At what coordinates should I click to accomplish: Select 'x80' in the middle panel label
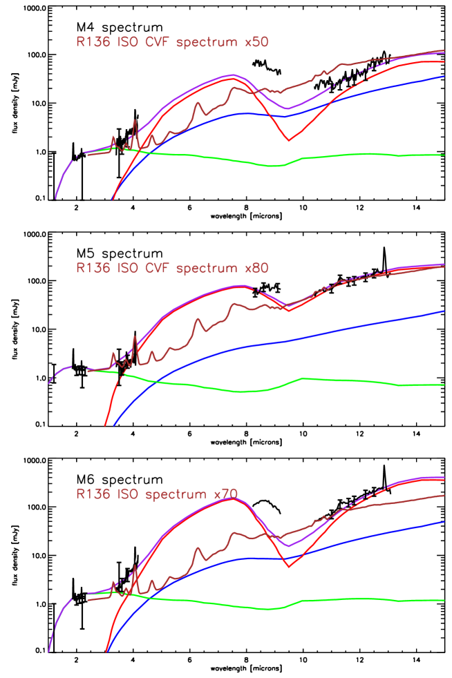(256, 268)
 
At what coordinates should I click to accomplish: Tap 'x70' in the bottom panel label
(226, 494)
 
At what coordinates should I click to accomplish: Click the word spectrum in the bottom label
(176, 494)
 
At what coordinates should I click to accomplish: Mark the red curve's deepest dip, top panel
(289, 141)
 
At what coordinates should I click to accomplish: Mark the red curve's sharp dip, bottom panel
(288, 567)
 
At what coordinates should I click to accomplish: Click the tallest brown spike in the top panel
(135, 121)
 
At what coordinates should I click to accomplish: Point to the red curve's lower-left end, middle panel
(106, 425)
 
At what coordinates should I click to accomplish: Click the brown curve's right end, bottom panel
(443, 495)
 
